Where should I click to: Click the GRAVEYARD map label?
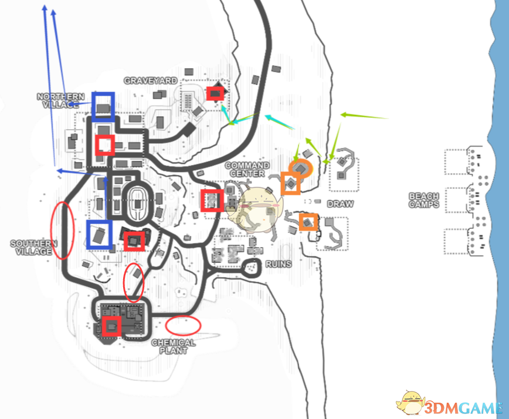pos(150,80)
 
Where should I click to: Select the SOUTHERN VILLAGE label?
pos(33,247)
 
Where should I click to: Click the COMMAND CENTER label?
pos(247,170)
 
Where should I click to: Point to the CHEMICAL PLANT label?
pos(174,346)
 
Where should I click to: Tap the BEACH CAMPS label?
pos(424,200)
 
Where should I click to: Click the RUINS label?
pos(278,264)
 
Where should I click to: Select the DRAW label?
pos(340,204)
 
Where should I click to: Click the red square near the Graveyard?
pos(215,93)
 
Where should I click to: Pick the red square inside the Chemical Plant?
pos(111,326)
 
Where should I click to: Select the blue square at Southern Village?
pos(99,234)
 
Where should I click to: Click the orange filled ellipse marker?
pos(301,168)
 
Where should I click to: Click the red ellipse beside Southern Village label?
pos(62,231)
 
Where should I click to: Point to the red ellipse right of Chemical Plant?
pos(182,325)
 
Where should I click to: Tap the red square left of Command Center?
pos(212,200)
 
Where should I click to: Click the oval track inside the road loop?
pos(136,202)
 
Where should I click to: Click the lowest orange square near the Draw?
pos(308,222)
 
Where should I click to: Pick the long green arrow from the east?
pos(364,117)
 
